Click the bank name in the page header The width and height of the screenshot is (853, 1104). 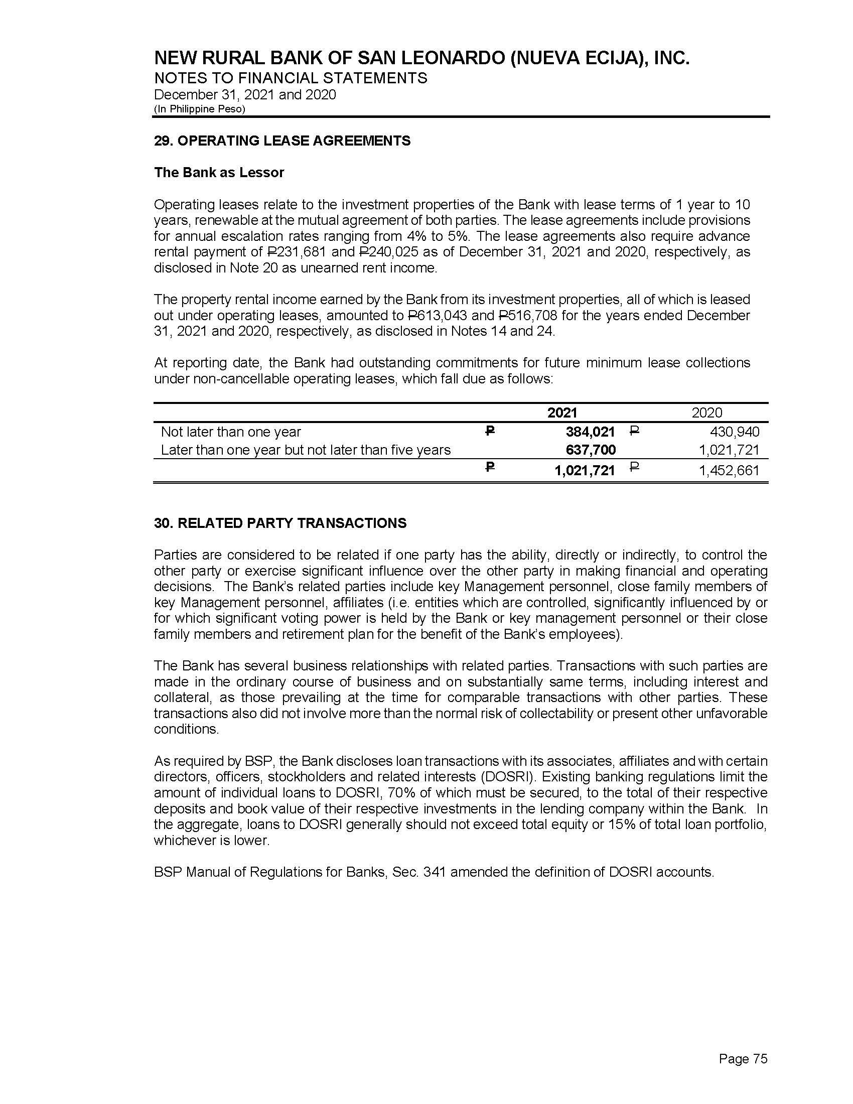[421, 59]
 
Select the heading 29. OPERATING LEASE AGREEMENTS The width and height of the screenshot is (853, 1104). [282, 141]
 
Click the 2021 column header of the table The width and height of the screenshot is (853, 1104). [562, 412]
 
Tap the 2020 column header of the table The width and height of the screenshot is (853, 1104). [706, 412]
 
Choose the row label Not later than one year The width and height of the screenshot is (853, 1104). [230, 432]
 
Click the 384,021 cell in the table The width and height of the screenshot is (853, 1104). [590, 432]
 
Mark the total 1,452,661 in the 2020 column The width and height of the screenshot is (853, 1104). [729, 471]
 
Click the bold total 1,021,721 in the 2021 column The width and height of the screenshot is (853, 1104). [584, 471]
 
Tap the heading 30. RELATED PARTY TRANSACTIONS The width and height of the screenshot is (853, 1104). [280, 523]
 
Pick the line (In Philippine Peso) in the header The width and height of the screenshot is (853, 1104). [199, 109]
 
